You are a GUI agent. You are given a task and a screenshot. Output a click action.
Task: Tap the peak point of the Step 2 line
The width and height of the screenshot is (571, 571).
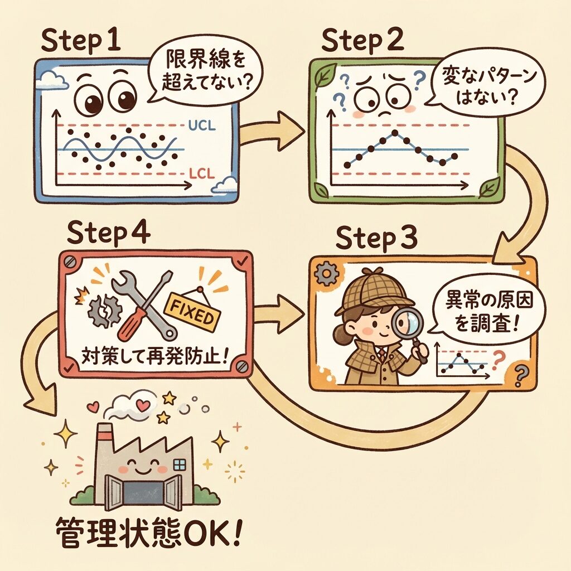click(395, 133)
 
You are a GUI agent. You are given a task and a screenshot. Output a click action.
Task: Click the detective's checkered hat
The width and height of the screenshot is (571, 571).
click(365, 293)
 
